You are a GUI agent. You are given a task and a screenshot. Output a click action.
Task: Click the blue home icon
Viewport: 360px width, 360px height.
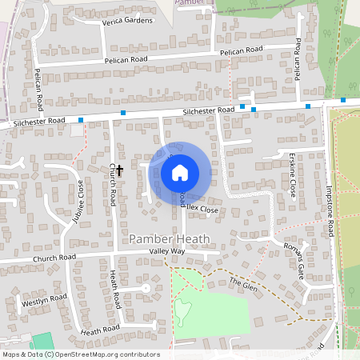[x=179, y=172]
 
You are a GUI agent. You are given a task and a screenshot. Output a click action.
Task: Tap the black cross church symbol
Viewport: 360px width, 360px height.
[x=119, y=170]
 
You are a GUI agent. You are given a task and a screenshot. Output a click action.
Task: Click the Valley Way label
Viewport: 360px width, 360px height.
[x=166, y=251]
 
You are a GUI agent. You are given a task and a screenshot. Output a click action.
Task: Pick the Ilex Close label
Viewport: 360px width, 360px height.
[x=203, y=210]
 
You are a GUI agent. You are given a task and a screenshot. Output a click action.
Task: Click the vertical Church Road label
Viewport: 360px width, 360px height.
[x=113, y=183]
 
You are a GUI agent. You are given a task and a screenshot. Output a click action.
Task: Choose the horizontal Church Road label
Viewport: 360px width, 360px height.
[x=54, y=258]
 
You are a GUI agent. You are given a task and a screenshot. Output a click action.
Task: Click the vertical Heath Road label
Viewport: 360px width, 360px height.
[x=114, y=290]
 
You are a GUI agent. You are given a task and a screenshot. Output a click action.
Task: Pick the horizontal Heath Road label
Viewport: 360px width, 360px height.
[x=99, y=329]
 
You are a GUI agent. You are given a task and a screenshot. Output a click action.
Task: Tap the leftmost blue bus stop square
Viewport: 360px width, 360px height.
[x=81, y=121]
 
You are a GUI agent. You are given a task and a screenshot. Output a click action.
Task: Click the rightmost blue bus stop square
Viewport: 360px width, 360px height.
[x=343, y=100]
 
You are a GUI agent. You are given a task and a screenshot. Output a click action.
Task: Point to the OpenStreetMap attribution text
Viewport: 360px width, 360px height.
[x=80, y=354]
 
